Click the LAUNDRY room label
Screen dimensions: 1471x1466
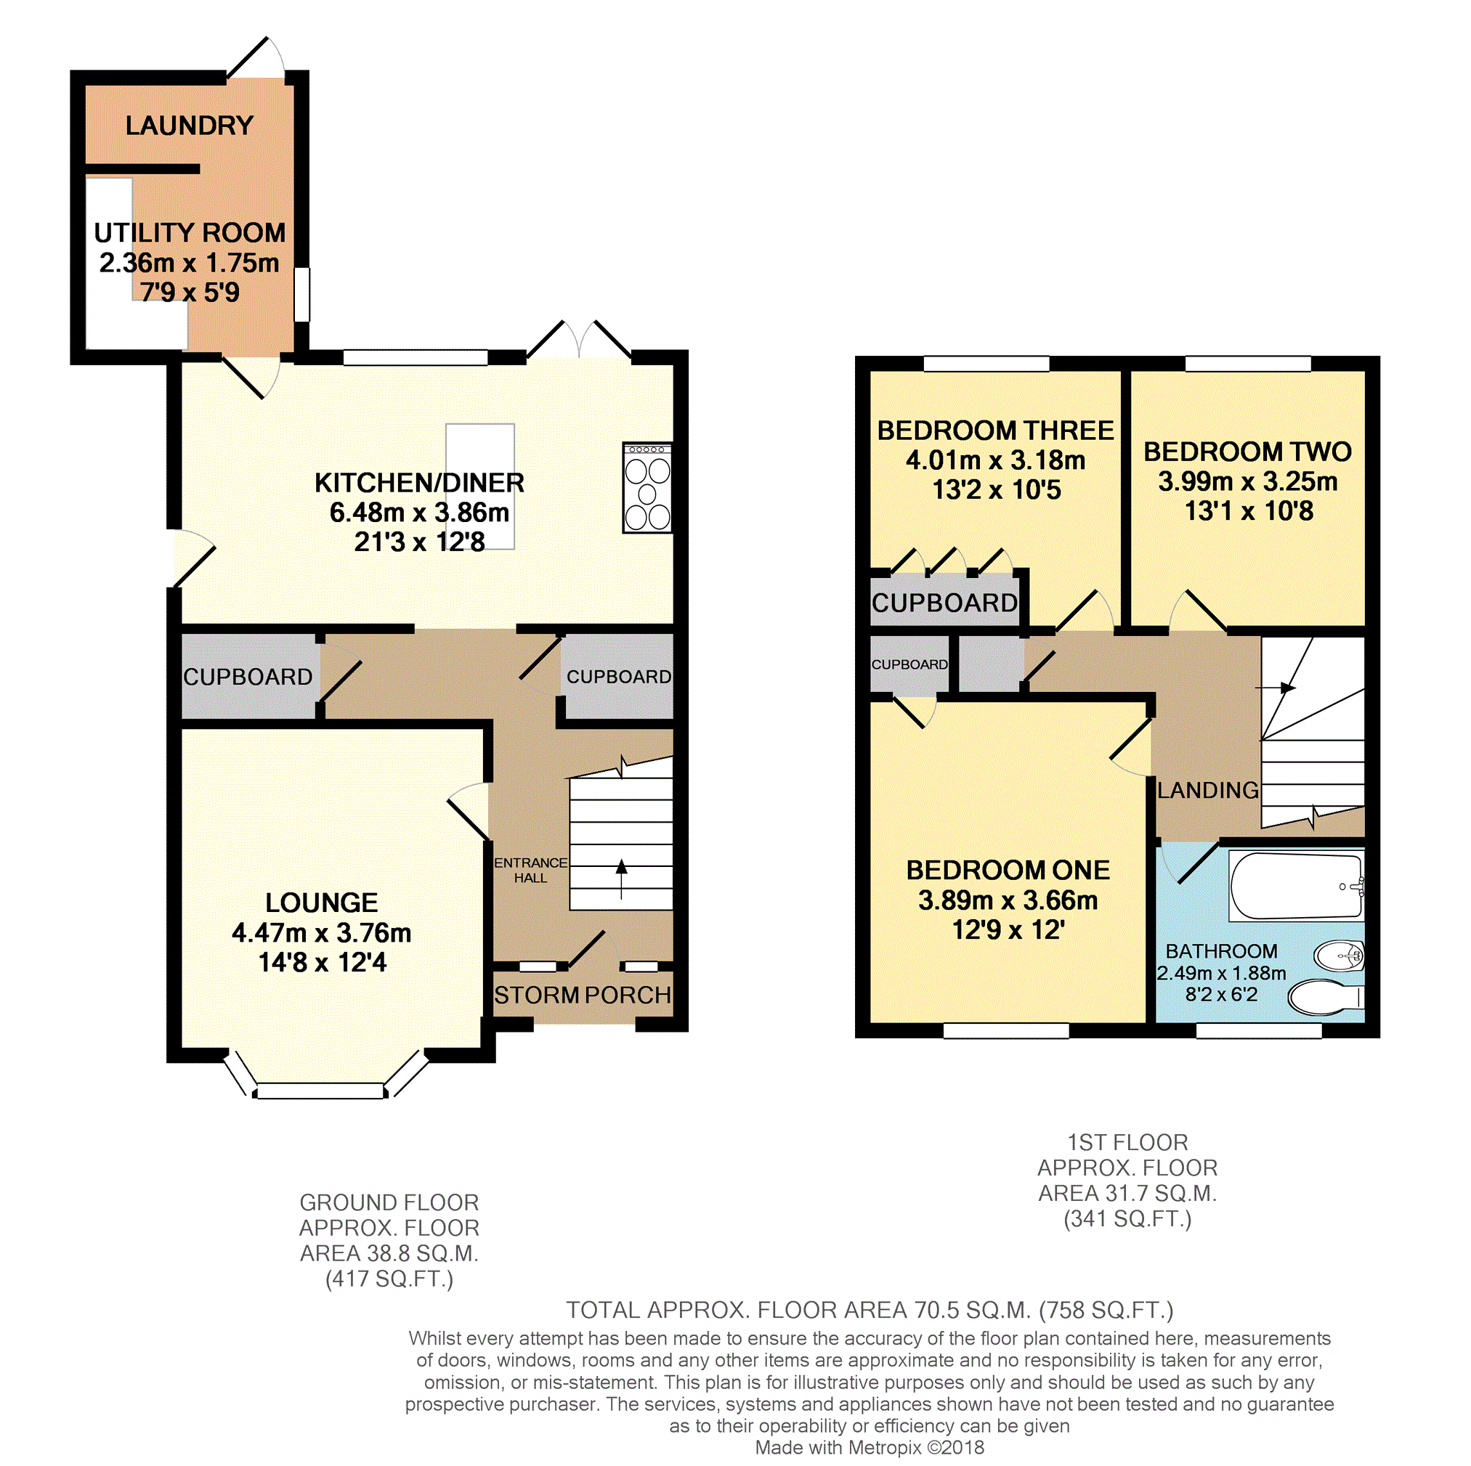pos(190,126)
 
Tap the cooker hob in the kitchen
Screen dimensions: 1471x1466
pos(647,488)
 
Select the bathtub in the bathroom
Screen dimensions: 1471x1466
pos(1297,886)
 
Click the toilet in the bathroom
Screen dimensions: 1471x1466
pos(1326,998)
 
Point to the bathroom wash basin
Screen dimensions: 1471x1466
pos(1340,956)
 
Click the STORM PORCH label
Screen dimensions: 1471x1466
pos(583,995)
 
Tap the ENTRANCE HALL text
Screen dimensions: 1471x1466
pos(531,870)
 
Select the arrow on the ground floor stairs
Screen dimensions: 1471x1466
pos(621,879)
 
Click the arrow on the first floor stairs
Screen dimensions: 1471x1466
pos(1276,688)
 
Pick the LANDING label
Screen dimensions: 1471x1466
pos(1207,790)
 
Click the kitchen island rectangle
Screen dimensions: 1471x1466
pos(480,486)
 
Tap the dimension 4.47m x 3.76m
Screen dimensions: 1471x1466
pos(321,932)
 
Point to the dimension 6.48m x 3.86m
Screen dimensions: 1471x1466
pos(420,512)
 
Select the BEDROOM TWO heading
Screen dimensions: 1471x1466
pos(1248,452)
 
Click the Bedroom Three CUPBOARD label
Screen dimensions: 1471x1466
pos(945,603)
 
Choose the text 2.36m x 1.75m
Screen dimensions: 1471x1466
pos(190,263)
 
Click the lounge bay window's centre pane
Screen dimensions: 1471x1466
pos(320,1091)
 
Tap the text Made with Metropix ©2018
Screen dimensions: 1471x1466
pos(870,1448)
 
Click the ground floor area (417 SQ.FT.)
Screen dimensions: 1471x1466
pos(389,1279)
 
